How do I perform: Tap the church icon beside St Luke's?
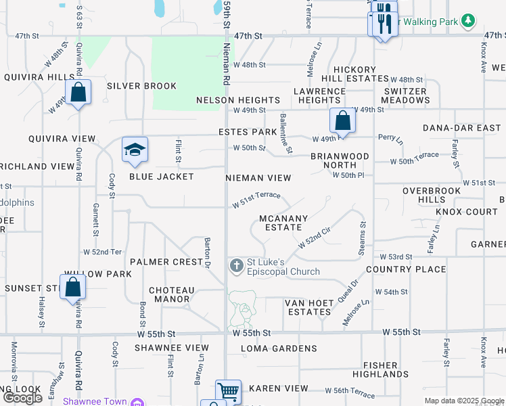pyautogui.click(x=236, y=265)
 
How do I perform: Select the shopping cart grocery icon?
pyautogui.click(x=228, y=392)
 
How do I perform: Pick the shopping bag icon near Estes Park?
pyautogui.click(x=343, y=120)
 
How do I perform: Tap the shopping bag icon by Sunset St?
pyautogui.click(x=72, y=287)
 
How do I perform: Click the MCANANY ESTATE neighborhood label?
pyautogui.click(x=284, y=223)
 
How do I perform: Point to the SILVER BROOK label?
pyautogui.click(x=141, y=86)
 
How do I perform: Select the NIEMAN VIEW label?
pyautogui.click(x=259, y=178)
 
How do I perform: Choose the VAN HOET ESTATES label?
pyautogui.click(x=307, y=307)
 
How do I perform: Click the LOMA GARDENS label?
pyautogui.click(x=279, y=348)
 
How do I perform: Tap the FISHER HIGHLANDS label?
pyautogui.click(x=380, y=369)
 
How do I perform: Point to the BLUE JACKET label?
pyautogui.click(x=161, y=177)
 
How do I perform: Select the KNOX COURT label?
pyautogui.click(x=467, y=212)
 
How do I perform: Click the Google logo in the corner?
pyautogui.click(x=22, y=397)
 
